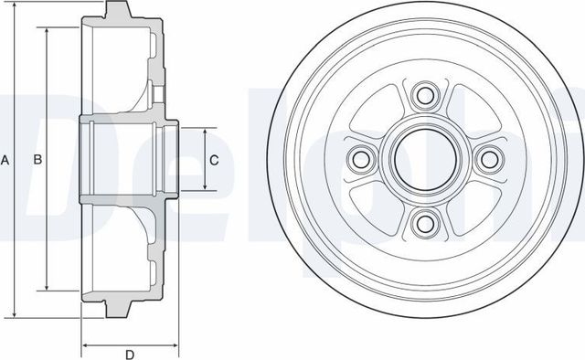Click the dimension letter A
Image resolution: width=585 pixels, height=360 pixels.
click(5, 161)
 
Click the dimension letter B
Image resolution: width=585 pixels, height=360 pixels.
click(37, 161)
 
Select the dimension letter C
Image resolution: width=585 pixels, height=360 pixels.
click(214, 161)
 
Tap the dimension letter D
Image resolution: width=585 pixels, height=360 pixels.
click(129, 354)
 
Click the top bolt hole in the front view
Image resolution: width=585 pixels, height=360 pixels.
click(423, 96)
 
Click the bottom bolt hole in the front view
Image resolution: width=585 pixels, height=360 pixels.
click(423, 224)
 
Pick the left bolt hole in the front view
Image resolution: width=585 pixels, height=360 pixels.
click(359, 160)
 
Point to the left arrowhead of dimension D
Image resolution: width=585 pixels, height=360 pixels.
click(86, 345)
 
